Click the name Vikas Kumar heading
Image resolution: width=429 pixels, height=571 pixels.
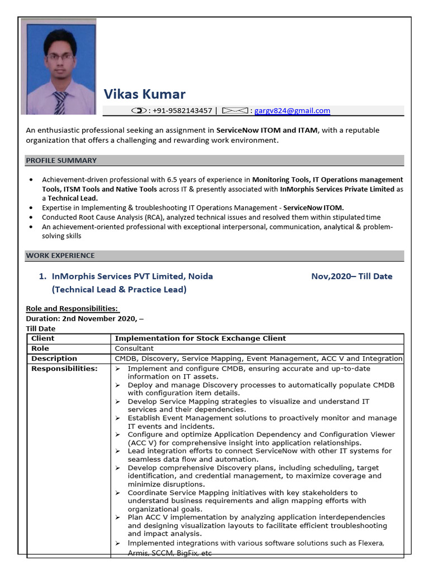(x=144, y=94)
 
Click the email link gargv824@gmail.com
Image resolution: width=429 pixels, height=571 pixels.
(x=292, y=111)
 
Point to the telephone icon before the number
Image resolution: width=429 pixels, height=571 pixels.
(x=139, y=111)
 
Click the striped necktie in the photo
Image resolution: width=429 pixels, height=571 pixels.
(x=60, y=101)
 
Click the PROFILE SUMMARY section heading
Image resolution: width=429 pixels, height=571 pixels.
(x=61, y=161)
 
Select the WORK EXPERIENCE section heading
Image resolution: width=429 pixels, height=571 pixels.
(x=60, y=256)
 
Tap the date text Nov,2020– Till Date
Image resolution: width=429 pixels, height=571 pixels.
(x=351, y=277)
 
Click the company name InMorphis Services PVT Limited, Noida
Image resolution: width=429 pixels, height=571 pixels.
(x=132, y=277)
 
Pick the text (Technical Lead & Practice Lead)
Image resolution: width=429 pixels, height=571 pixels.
(x=119, y=290)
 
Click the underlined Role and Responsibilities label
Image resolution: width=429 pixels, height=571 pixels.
(x=72, y=309)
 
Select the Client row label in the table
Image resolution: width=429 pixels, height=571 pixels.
(x=43, y=338)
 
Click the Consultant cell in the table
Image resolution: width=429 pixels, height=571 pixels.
(x=134, y=349)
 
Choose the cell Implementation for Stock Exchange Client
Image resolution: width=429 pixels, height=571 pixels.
(x=200, y=338)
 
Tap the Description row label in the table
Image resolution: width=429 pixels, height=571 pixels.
(x=54, y=359)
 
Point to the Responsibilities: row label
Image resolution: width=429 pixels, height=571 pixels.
(x=64, y=369)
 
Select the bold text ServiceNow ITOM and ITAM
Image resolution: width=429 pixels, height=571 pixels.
(x=267, y=130)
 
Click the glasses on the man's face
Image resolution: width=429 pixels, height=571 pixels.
(x=59, y=56)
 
